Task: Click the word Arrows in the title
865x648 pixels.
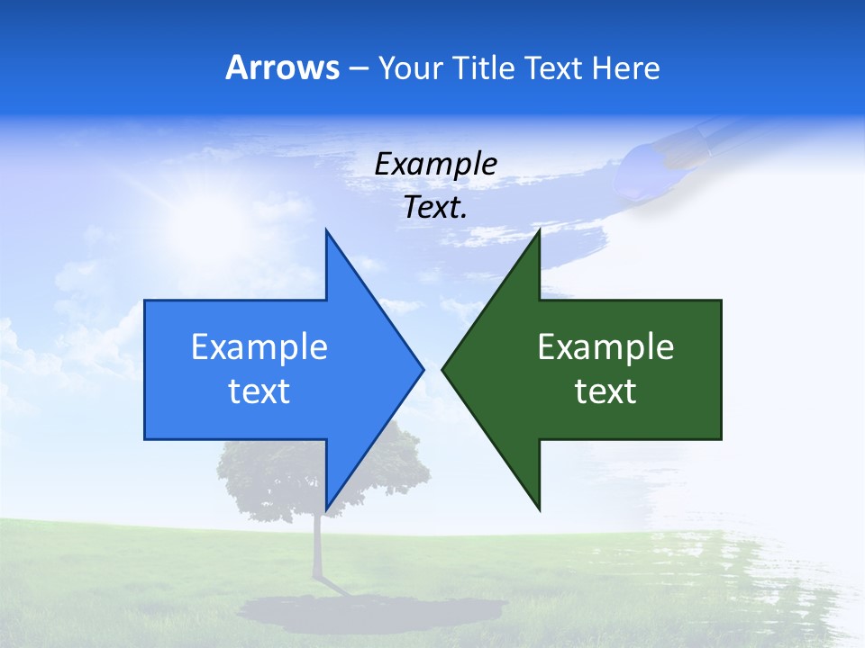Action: coord(282,67)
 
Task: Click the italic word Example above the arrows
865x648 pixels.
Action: coord(435,164)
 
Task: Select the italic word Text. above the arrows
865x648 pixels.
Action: coord(435,208)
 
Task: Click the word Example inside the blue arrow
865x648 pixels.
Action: coord(259,346)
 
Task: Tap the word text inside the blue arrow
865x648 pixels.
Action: coord(259,391)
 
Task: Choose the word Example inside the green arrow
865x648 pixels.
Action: coord(605,346)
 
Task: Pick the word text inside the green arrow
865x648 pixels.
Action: coord(605,391)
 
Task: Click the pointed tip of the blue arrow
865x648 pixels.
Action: coord(422,369)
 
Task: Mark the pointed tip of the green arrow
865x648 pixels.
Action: coord(443,369)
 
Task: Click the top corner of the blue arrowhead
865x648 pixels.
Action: coord(326,231)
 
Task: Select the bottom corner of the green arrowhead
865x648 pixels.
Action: coord(539,509)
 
